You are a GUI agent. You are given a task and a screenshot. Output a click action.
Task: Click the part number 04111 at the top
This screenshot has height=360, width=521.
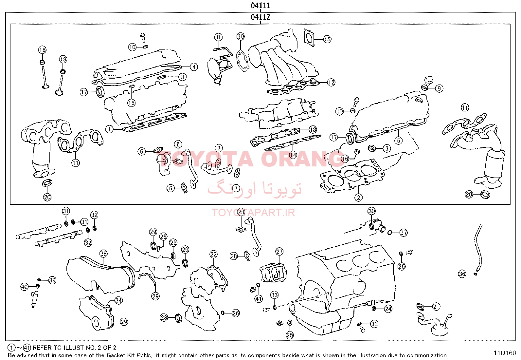pos(260,5)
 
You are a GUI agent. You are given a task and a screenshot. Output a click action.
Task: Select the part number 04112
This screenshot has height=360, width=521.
pos(260,17)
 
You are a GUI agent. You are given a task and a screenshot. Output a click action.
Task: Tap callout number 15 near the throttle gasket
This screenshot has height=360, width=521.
pos(327,39)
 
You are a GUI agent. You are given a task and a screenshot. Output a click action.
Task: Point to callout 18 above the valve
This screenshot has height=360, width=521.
pos(42,50)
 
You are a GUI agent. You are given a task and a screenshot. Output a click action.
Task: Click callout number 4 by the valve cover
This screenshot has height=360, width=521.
pos(194,67)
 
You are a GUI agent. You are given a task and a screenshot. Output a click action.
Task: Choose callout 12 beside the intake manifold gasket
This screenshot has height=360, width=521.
pos(331,83)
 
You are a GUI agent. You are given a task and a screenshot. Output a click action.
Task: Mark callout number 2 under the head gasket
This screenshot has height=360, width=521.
pos(358,198)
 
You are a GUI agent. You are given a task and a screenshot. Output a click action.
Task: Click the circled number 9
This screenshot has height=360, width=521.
pos(439,88)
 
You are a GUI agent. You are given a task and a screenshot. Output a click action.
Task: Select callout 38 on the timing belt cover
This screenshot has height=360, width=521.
pos(103,254)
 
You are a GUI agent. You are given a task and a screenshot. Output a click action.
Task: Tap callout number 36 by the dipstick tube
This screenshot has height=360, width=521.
pos(462,274)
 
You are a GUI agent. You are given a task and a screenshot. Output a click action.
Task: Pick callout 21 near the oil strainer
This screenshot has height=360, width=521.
pos(436,307)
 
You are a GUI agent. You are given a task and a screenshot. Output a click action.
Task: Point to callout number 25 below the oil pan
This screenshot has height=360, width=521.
pos(290,335)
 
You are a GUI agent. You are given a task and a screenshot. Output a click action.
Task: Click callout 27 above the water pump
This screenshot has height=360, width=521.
pos(279,252)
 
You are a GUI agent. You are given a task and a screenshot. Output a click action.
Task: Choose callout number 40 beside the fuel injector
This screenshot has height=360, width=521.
pos(25,287)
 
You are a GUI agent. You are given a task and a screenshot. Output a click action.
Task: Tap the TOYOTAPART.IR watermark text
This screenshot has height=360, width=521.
pos(253,213)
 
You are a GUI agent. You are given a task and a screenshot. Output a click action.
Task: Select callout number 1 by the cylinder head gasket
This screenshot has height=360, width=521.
pos(109,129)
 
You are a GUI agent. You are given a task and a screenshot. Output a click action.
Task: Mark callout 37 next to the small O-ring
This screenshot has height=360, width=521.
pos(404,233)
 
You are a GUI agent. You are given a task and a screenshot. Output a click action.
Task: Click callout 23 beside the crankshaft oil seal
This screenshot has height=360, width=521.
pos(164,317)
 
